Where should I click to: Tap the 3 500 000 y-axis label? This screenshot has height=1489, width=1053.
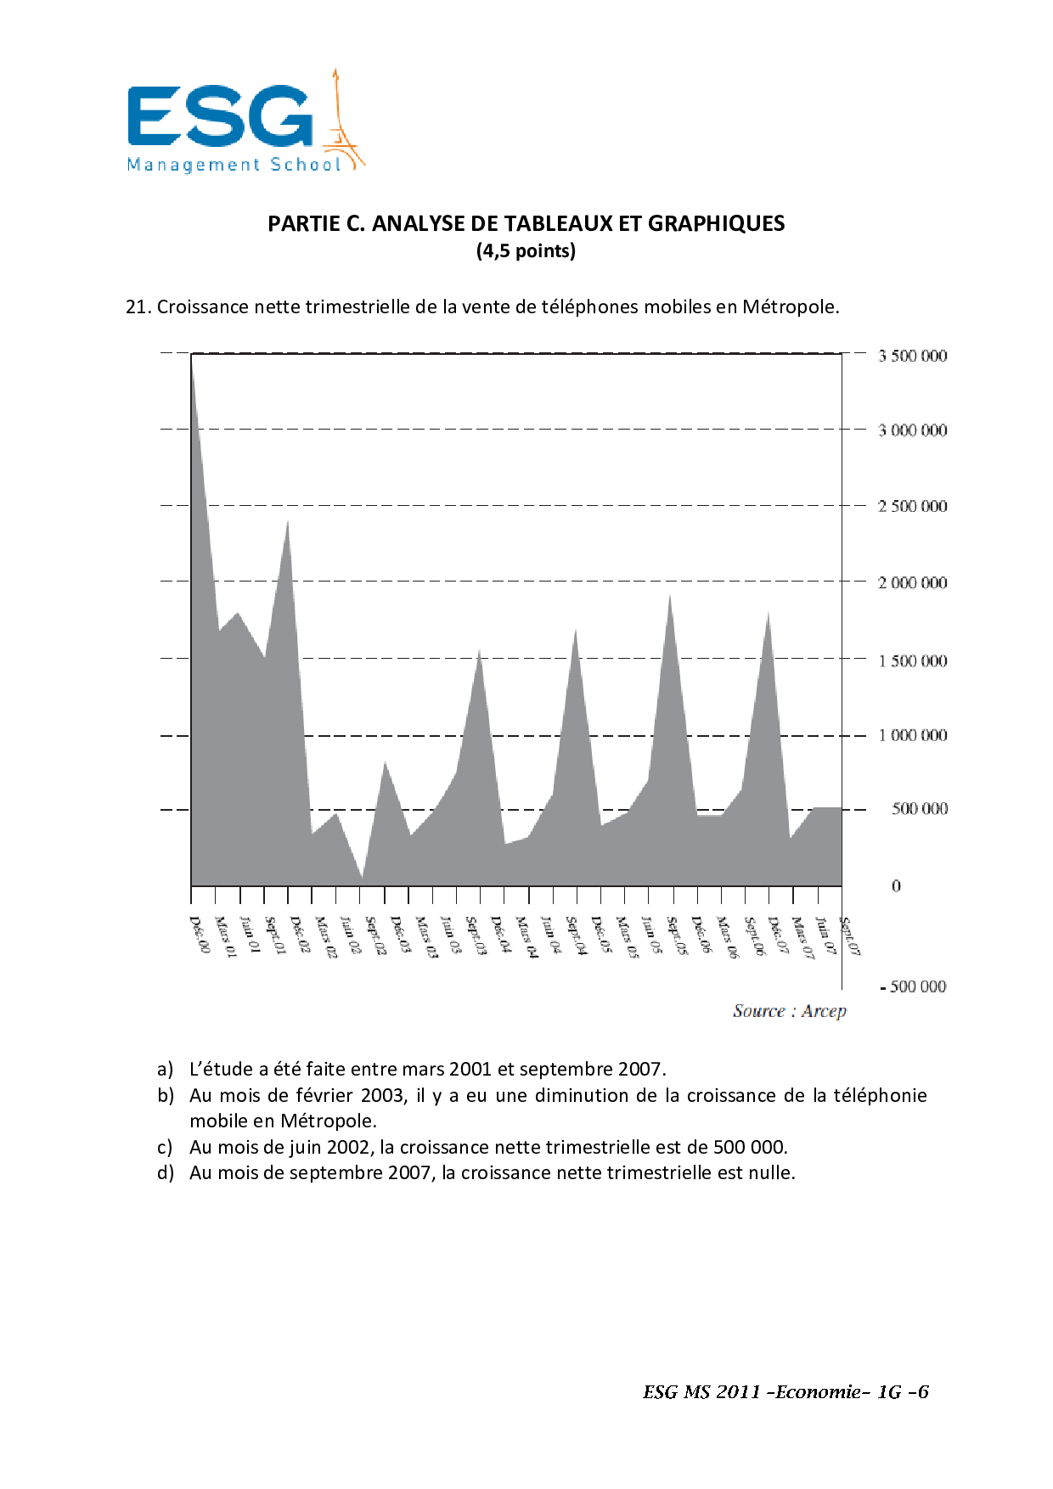tap(912, 356)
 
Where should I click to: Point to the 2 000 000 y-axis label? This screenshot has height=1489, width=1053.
tap(912, 582)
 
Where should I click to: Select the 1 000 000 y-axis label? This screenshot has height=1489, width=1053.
tap(912, 735)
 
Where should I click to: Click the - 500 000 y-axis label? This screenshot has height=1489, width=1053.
tap(913, 986)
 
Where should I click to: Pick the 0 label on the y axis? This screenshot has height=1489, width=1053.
tap(896, 886)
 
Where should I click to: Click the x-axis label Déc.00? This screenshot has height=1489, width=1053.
tap(200, 935)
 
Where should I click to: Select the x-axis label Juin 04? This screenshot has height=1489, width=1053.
tap(551, 936)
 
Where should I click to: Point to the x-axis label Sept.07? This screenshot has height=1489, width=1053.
tap(850, 936)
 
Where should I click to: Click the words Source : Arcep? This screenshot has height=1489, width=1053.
tap(790, 1011)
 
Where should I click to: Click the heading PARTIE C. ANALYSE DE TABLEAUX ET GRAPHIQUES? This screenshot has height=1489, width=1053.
tap(526, 223)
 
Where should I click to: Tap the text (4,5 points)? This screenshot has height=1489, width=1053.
tap(526, 251)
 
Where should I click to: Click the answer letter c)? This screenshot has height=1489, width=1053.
tap(166, 1148)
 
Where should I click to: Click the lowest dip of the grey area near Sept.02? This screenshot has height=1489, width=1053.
tap(363, 877)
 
